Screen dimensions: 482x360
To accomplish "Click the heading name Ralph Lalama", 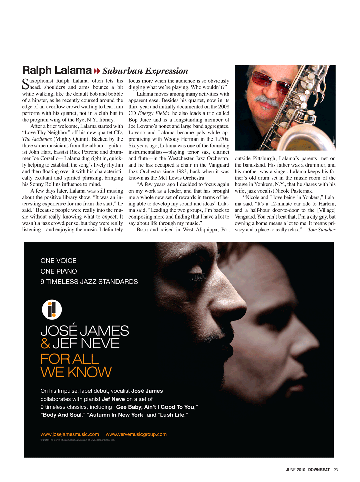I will (57, 70).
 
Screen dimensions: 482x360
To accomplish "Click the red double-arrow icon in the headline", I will (97, 71).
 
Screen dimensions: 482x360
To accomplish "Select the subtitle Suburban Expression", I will (145, 71).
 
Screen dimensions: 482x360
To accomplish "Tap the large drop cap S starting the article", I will (25, 83).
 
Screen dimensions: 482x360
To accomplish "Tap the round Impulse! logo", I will (52, 309).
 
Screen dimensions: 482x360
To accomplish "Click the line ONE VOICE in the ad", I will (58, 261).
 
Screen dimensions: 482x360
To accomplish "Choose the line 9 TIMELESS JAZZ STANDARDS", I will (89, 282).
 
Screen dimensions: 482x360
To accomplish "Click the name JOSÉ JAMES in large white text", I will (84, 331).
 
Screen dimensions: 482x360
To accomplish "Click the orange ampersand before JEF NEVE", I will (45, 344).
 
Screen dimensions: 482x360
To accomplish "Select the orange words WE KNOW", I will (76, 372).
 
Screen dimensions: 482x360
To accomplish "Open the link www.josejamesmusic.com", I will (70, 434).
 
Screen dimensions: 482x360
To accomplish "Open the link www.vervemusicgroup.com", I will (136, 434).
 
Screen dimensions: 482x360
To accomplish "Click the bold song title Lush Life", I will (172, 415).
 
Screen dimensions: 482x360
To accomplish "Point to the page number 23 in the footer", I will (336, 470).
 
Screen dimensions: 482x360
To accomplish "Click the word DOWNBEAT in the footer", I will (319, 470).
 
